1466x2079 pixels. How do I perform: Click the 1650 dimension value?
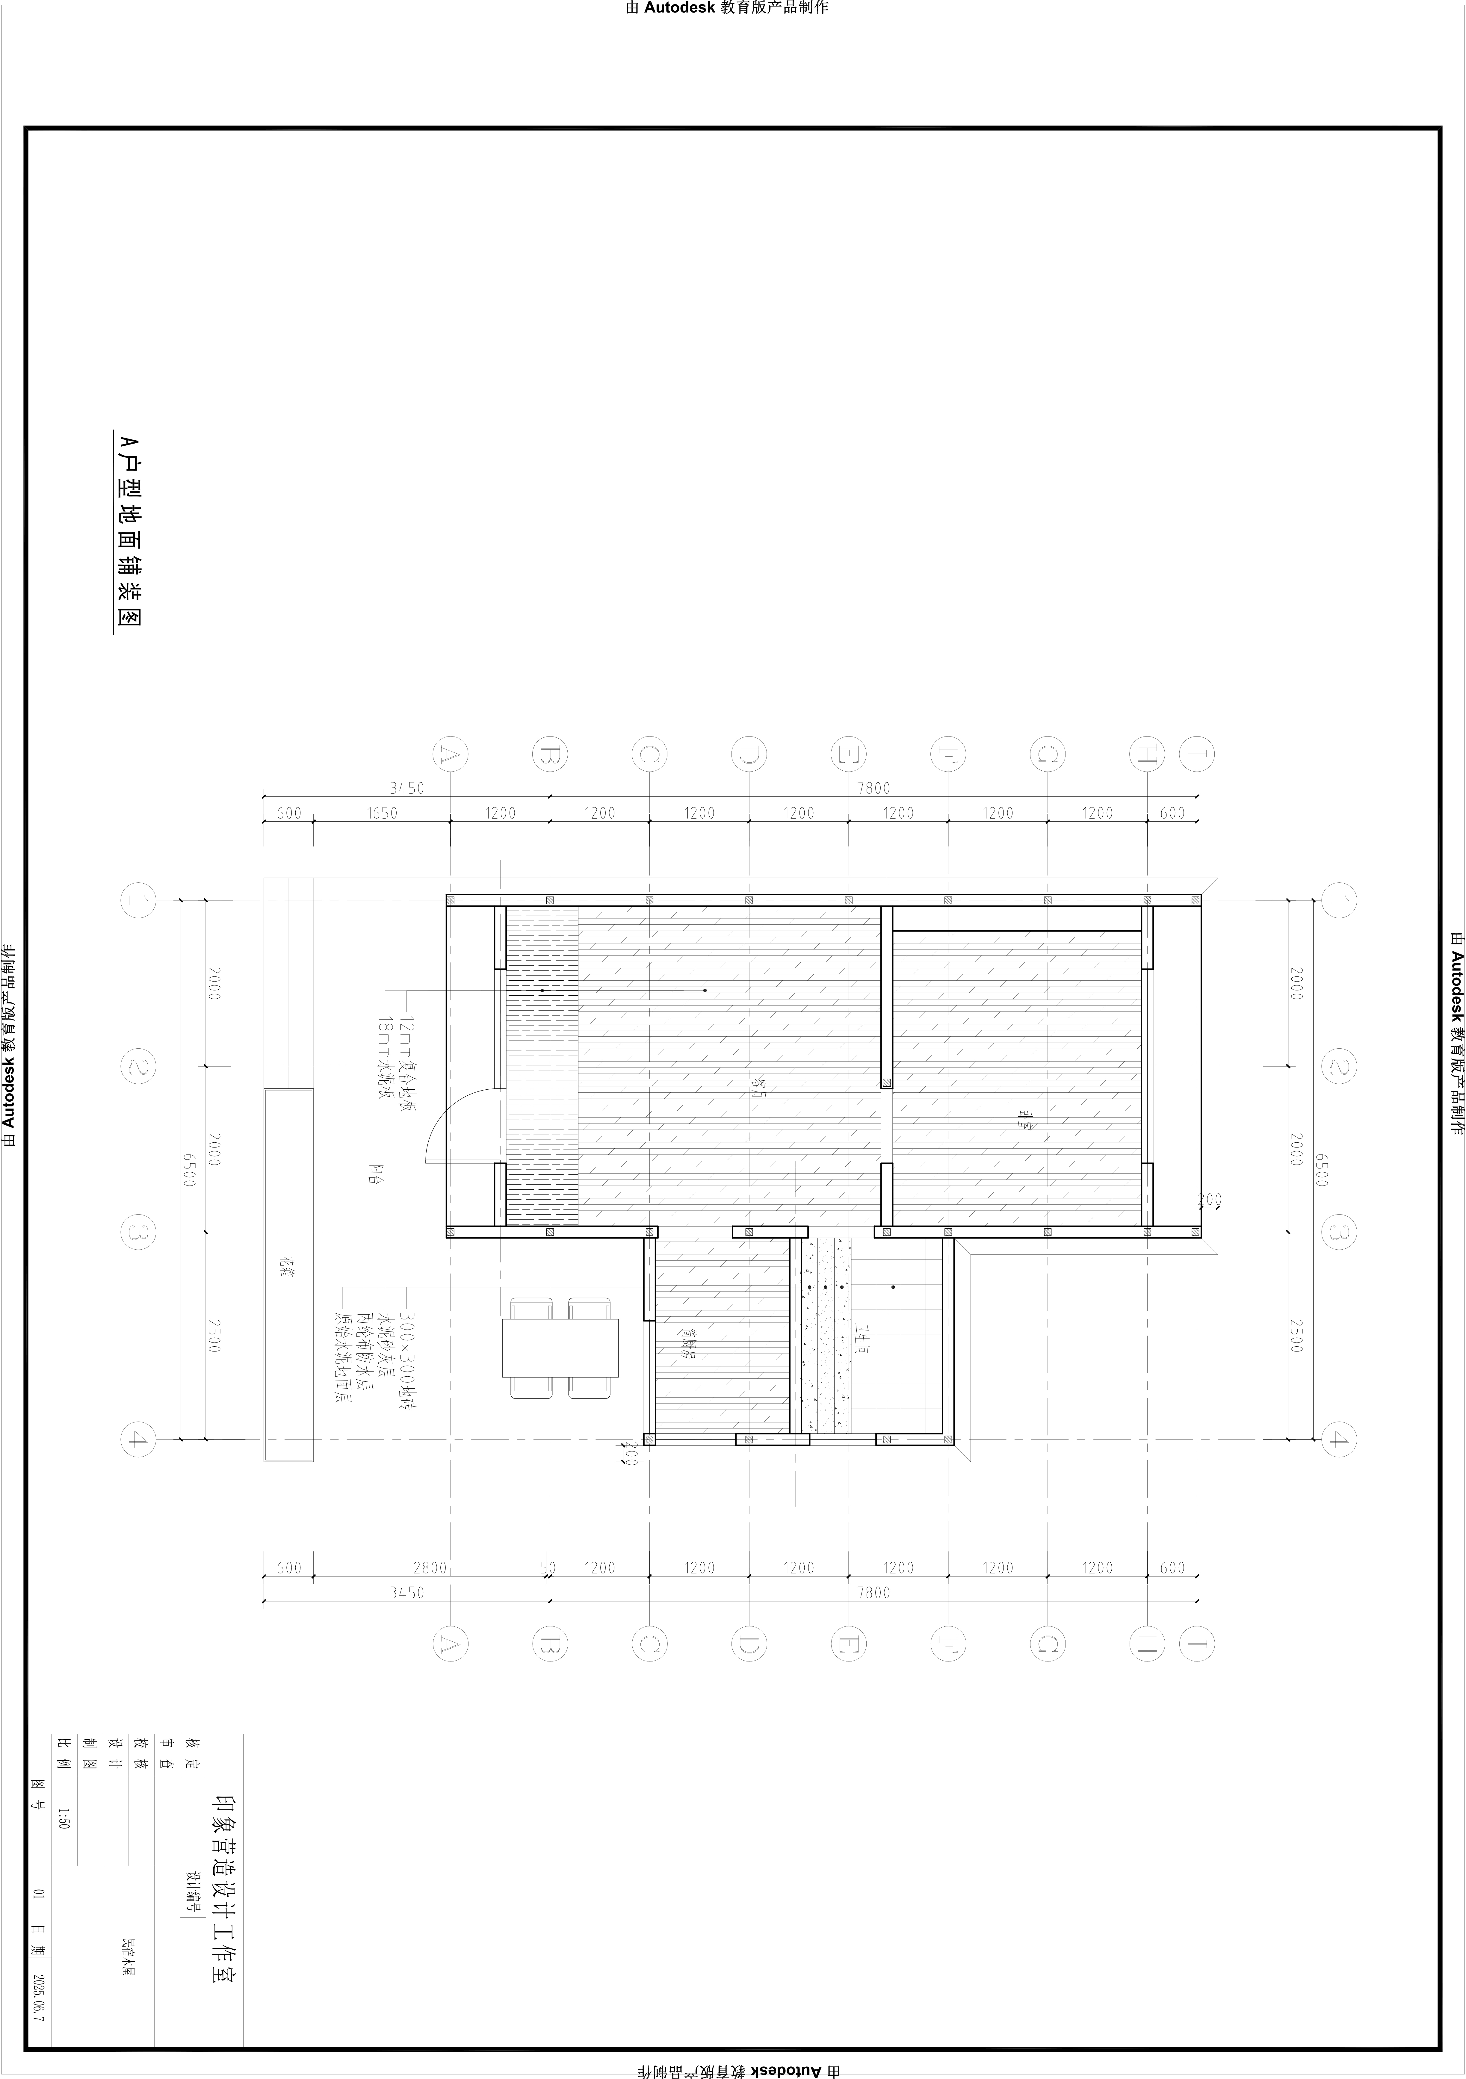[382, 813]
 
